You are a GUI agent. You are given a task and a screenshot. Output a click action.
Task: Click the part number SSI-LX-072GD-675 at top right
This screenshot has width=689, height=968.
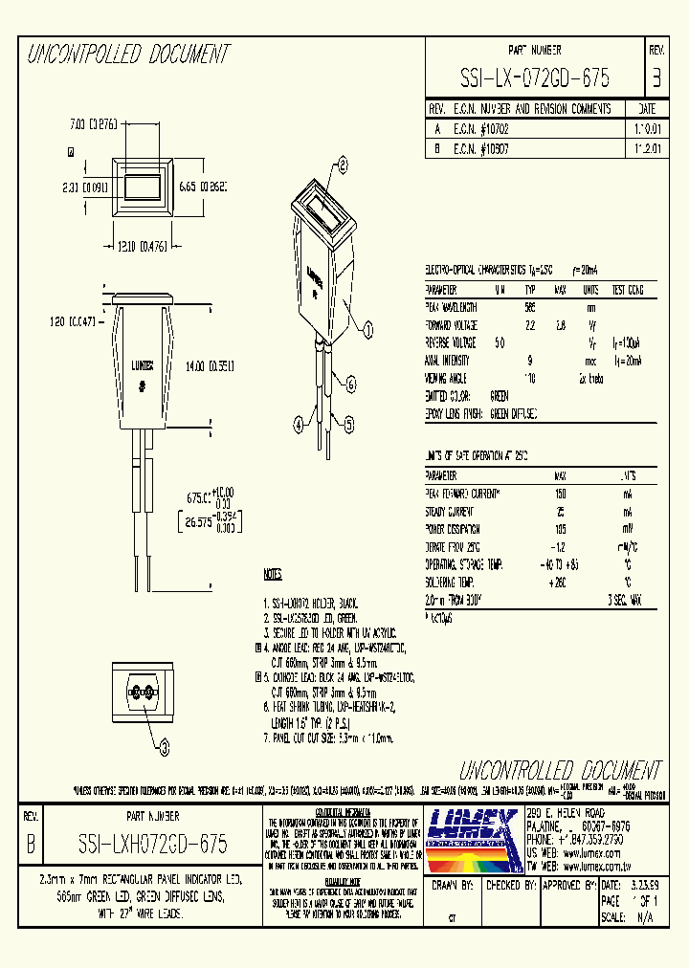534,77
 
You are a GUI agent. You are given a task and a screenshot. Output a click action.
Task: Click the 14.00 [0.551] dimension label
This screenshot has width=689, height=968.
211,365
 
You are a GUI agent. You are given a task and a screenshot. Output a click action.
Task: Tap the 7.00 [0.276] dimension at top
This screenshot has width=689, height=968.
93,124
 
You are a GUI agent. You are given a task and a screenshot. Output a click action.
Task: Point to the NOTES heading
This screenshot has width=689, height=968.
273,575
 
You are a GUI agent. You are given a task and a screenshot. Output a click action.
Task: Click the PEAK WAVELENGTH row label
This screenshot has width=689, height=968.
452,307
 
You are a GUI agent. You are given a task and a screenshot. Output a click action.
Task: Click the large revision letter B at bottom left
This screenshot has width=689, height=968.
32,845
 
